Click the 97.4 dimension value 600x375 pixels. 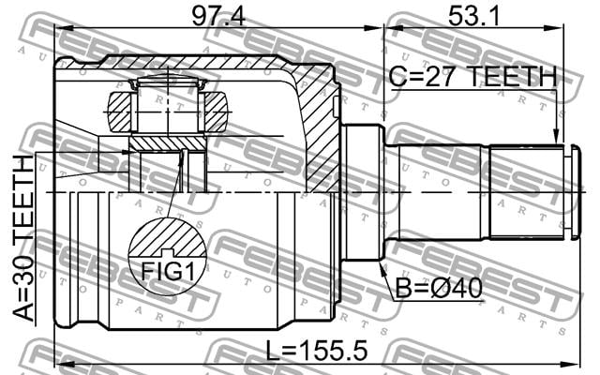(218, 15)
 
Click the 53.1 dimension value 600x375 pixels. (473, 15)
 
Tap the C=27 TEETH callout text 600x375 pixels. (472, 77)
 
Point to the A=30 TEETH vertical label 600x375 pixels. (23, 238)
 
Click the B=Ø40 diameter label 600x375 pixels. (439, 288)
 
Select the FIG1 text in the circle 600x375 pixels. (168, 271)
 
